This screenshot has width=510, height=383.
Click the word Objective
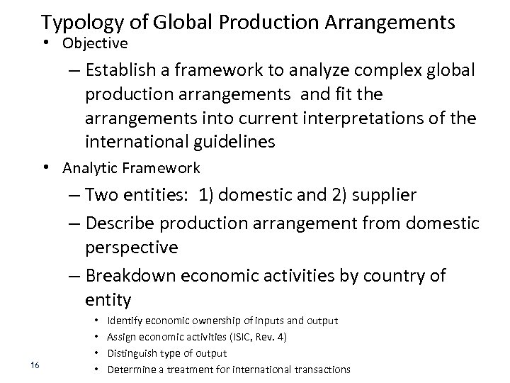[95, 43]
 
